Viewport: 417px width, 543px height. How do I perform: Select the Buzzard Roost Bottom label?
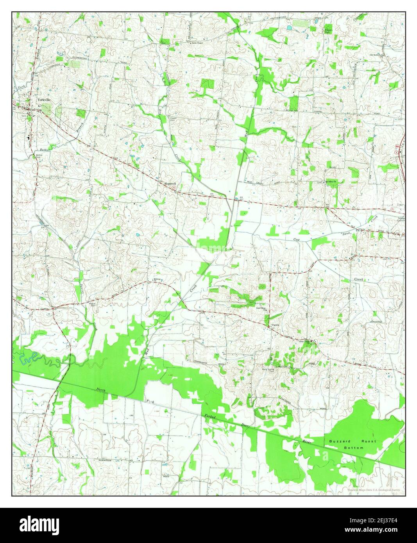pos(353,444)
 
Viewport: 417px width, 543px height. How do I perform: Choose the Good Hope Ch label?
pos(261,308)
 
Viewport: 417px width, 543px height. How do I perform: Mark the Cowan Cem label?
pos(172,118)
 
